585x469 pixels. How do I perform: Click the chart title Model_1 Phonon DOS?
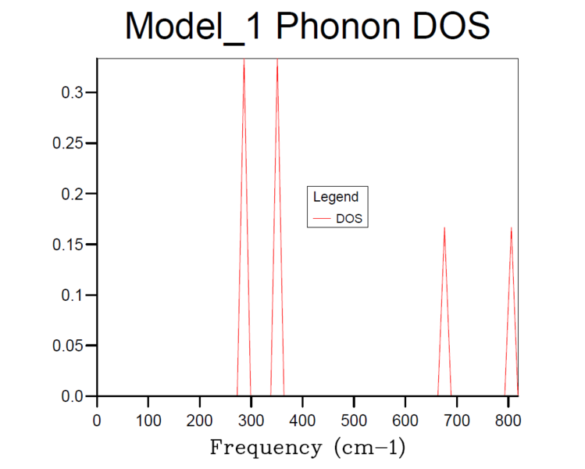(x=308, y=27)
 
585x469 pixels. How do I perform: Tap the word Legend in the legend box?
(x=335, y=197)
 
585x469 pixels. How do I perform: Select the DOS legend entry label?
(x=349, y=219)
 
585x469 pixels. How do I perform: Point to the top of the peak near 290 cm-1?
(x=244, y=59)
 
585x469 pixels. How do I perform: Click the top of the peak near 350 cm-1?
(x=276, y=59)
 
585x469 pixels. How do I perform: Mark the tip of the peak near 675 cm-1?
(x=444, y=228)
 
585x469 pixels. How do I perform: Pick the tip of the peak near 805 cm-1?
(x=512, y=228)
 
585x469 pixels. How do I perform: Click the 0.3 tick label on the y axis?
(x=72, y=93)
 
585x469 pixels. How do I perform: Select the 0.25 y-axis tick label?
(x=69, y=144)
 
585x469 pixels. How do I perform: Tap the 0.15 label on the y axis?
(x=69, y=245)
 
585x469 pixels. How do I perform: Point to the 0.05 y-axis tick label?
(x=69, y=345)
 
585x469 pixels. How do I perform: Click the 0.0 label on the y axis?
(x=72, y=396)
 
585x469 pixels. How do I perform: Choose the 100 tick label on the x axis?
(x=148, y=420)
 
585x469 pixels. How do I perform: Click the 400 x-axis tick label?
(x=302, y=420)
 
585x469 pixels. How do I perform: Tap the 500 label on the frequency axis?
(x=354, y=420)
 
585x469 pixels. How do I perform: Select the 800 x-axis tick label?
(x=508, y=420)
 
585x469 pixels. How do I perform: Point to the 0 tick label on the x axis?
(x=97, y=420)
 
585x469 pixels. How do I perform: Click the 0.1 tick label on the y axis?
(x=72, y=295)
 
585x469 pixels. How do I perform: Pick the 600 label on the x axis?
(x=405, y=420)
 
